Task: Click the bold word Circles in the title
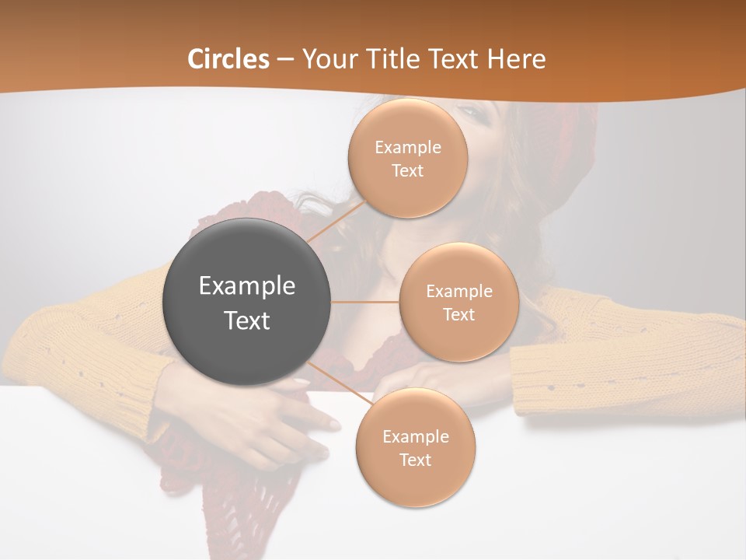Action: [228, 59]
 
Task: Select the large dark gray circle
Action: [247, 302]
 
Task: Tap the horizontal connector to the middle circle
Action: [365, 302]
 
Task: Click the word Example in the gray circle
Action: [247, 286]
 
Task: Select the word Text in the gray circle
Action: [247, 320]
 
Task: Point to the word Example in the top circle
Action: [407, 147]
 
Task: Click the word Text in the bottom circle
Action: [415, 460]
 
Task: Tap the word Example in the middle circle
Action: [458, 291]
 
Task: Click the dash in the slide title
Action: [285, 59]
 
